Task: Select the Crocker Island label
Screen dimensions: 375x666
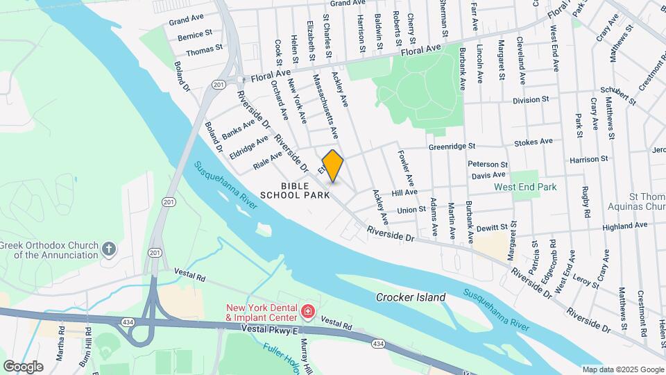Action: tap(411, 297)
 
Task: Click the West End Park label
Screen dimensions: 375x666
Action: tap(525, 187)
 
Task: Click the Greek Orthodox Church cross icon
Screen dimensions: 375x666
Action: tap(108, 249)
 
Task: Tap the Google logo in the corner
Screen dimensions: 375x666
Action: tap(23, 366)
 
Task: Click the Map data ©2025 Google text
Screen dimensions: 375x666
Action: tap(622, 369)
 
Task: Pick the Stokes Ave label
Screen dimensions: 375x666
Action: tap(533, 142)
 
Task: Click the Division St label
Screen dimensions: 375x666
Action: tap(531, 100)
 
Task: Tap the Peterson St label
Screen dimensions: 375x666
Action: tap(488, 165)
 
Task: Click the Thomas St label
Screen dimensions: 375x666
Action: tap(204, 50)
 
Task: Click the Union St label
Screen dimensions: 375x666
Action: tap(411, 210)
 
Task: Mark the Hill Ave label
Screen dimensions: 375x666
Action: tap(404, 192)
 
